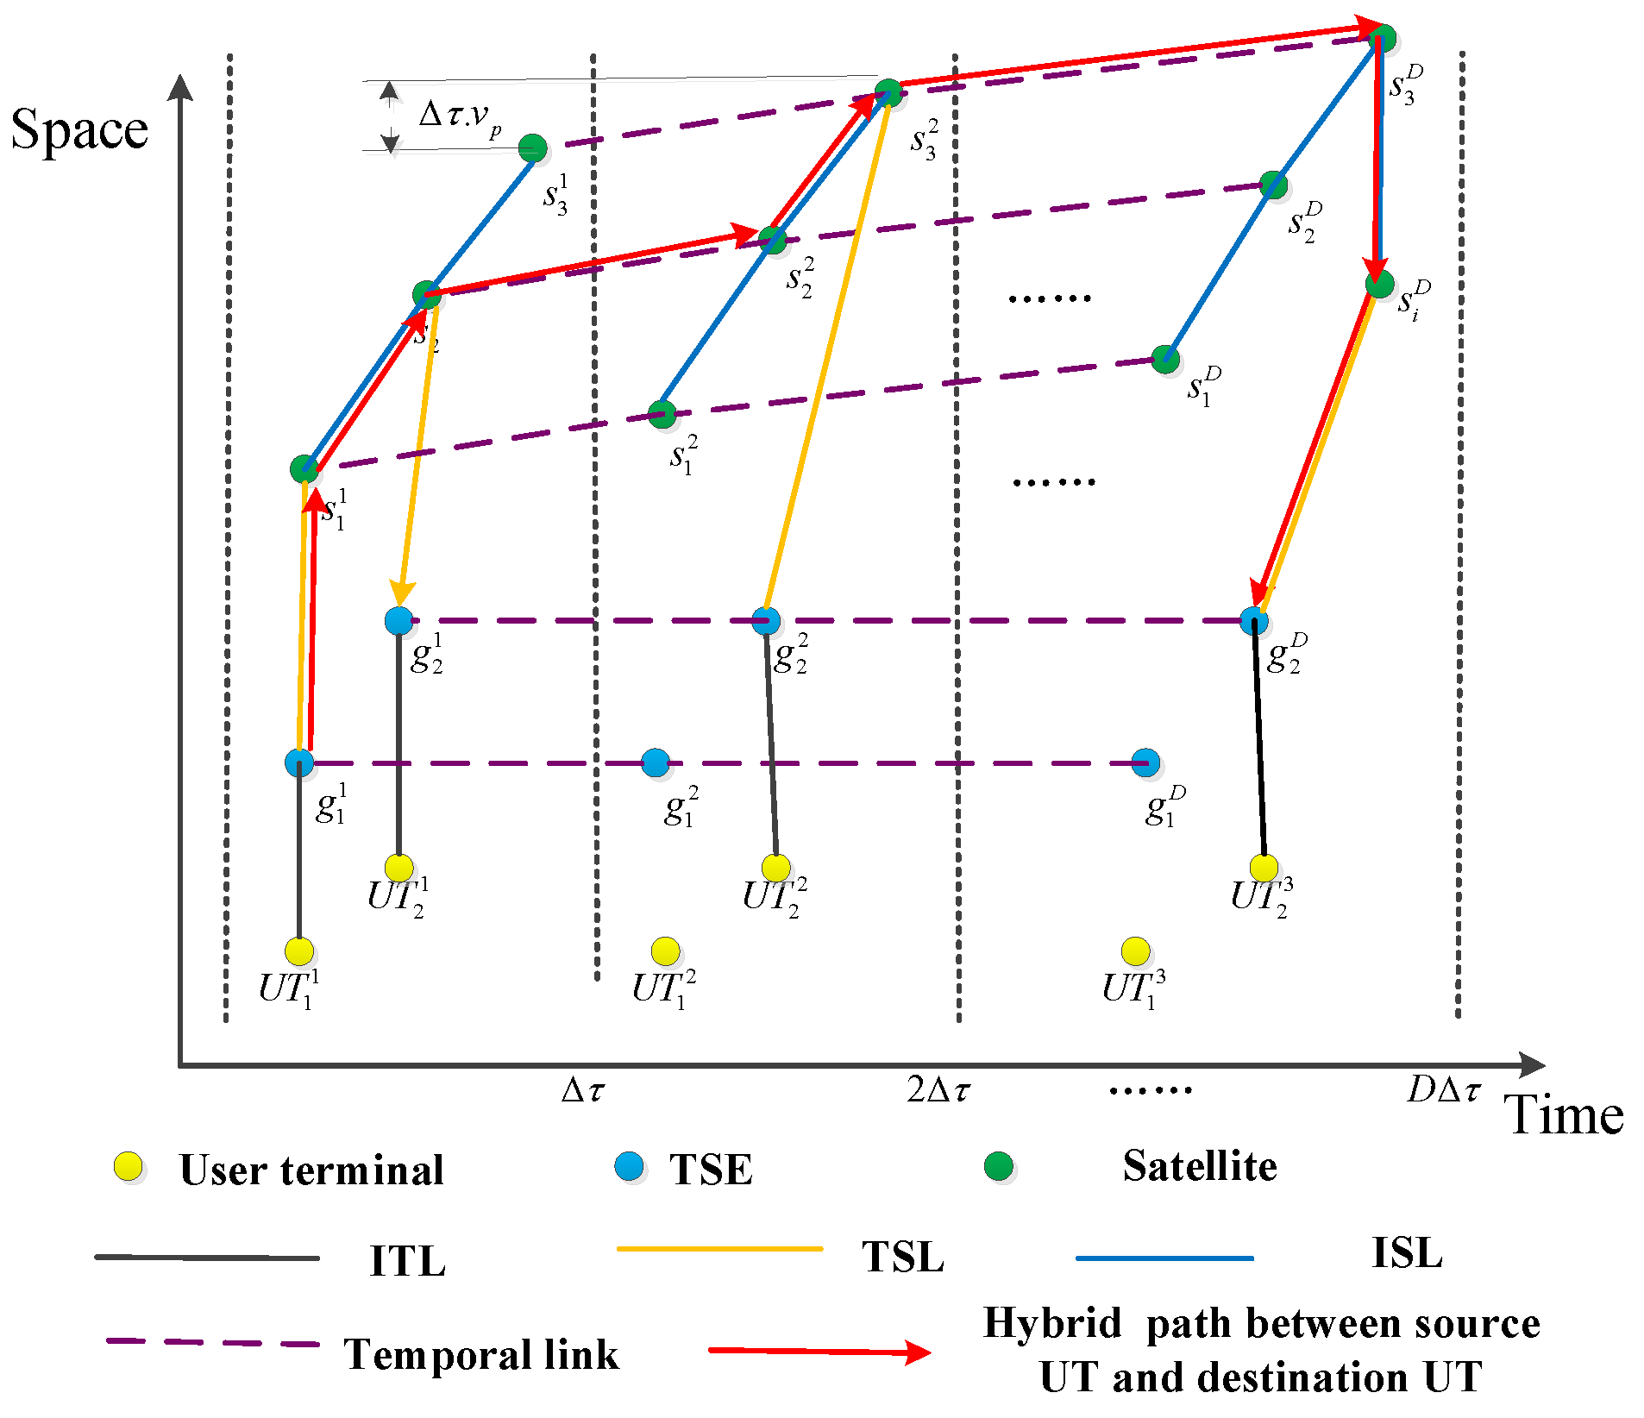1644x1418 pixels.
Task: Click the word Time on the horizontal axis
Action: pos(1563,1114)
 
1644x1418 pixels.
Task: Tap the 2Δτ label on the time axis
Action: pos(938,1090)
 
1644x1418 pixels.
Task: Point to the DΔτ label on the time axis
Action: pos(1443,1090)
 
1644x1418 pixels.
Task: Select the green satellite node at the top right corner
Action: pos(1382,39)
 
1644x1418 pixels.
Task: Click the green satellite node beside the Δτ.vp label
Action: pos(533,148)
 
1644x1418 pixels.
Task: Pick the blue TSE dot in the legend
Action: pos(630,1166)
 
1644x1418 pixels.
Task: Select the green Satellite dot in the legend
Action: pos(999,1166)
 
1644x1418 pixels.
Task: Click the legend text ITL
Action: pos(407,1261)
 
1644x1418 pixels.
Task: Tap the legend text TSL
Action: pos(902,1256)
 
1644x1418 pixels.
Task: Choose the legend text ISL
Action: pos(1407,1252)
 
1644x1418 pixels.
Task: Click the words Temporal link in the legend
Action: pos(481,1354)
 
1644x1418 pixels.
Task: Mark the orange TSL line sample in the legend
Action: pos(720,1248)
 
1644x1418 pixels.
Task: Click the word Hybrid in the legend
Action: pos(1052,1323)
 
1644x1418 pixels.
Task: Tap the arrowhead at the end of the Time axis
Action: pos(1533,1065)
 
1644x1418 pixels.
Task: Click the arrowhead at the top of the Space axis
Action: pos(180,86)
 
